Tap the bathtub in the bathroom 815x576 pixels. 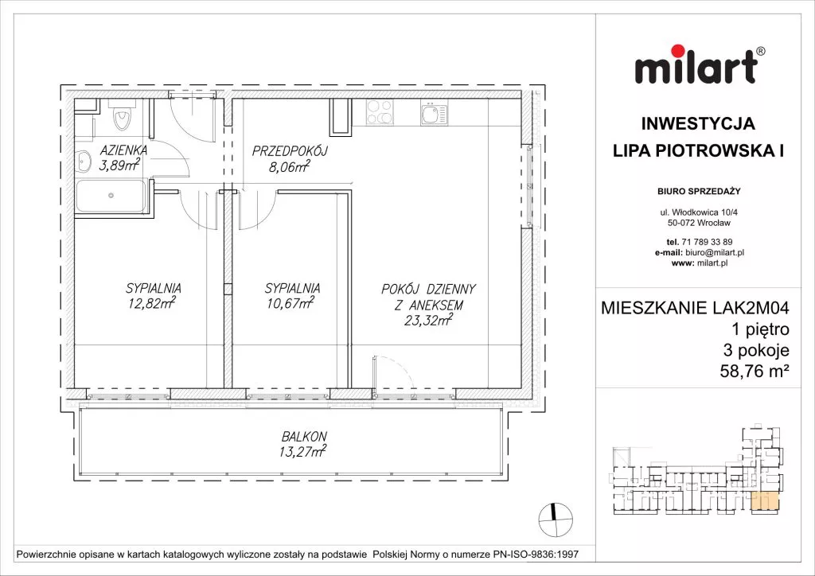111,196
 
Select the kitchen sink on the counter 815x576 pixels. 434,112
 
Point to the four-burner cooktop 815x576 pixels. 380,112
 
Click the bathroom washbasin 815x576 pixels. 82,161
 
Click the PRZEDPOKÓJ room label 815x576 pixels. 289,152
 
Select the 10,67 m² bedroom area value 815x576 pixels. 291,302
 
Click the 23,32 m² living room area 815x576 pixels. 428,321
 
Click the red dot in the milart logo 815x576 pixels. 677,52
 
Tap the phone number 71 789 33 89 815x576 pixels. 707,242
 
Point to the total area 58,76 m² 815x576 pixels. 755,371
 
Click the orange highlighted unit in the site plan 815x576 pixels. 766,501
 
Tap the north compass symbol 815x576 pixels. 556,519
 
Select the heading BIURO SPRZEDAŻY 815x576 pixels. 699,191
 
